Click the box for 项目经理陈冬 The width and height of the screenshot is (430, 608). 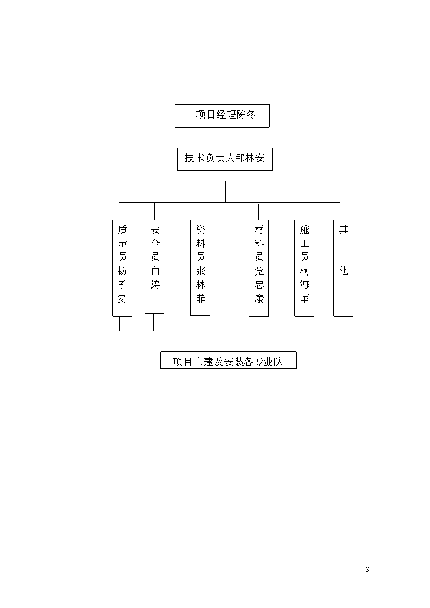tap(222, 116)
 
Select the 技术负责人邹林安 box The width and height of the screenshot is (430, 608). tap(225, 159)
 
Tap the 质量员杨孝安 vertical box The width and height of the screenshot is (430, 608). tap(122, 269)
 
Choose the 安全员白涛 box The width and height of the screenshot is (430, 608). tap(154, 267)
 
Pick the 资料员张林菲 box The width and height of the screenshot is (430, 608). tap(200, 267)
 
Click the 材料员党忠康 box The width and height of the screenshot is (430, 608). tap(259, 269)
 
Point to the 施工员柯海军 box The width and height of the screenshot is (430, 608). tap(304, 269)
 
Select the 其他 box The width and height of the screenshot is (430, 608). tap(343, 269)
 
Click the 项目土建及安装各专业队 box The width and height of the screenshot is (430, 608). tap(229, 360)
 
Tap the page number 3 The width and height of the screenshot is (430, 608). tap(367, 570)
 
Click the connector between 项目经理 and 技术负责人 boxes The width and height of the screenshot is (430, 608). tap(226, 138)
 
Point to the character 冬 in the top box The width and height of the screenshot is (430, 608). tap(251, 114)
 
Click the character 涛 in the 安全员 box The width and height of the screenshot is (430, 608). tap(155, 284)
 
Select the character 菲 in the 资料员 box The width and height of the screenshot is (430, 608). tap(200, 298)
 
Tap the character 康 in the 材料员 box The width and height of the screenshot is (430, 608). tap(259, 298)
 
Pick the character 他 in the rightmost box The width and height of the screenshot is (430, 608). tap(343, 271)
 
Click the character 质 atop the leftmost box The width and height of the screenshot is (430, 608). tap(122, 230)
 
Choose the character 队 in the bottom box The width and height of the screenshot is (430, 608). tap(278, 362)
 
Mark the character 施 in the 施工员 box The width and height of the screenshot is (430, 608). tap(304, 230)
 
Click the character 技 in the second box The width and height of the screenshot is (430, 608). tap(189, 158)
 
